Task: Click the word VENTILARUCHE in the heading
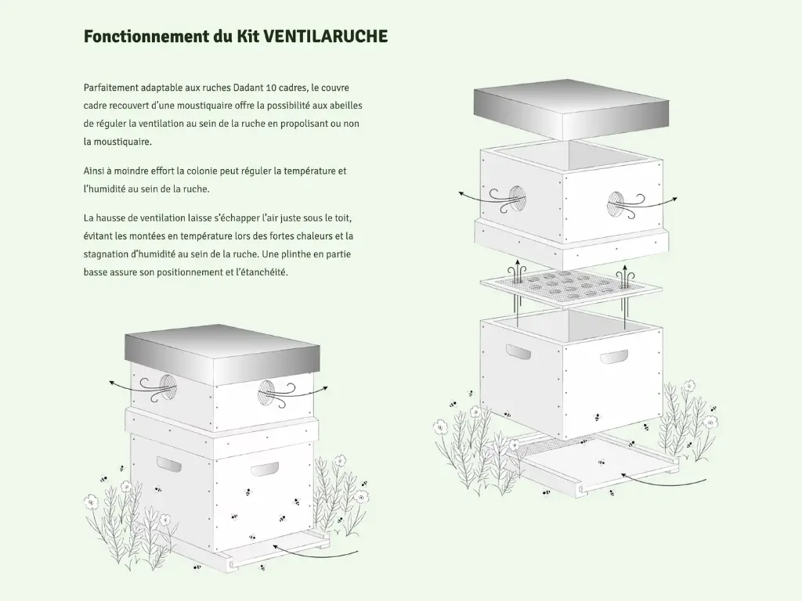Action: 325,36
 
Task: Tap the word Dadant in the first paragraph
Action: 248,88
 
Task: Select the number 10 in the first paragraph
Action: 271,88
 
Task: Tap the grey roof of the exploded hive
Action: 571,110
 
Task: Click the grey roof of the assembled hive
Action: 222,354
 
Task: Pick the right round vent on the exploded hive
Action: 616,205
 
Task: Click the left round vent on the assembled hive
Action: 168,388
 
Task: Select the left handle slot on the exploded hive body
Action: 518,351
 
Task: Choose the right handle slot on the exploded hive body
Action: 614,357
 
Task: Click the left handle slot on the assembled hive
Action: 169,463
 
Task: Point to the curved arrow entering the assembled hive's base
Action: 315,551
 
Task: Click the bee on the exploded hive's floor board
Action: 601,463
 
